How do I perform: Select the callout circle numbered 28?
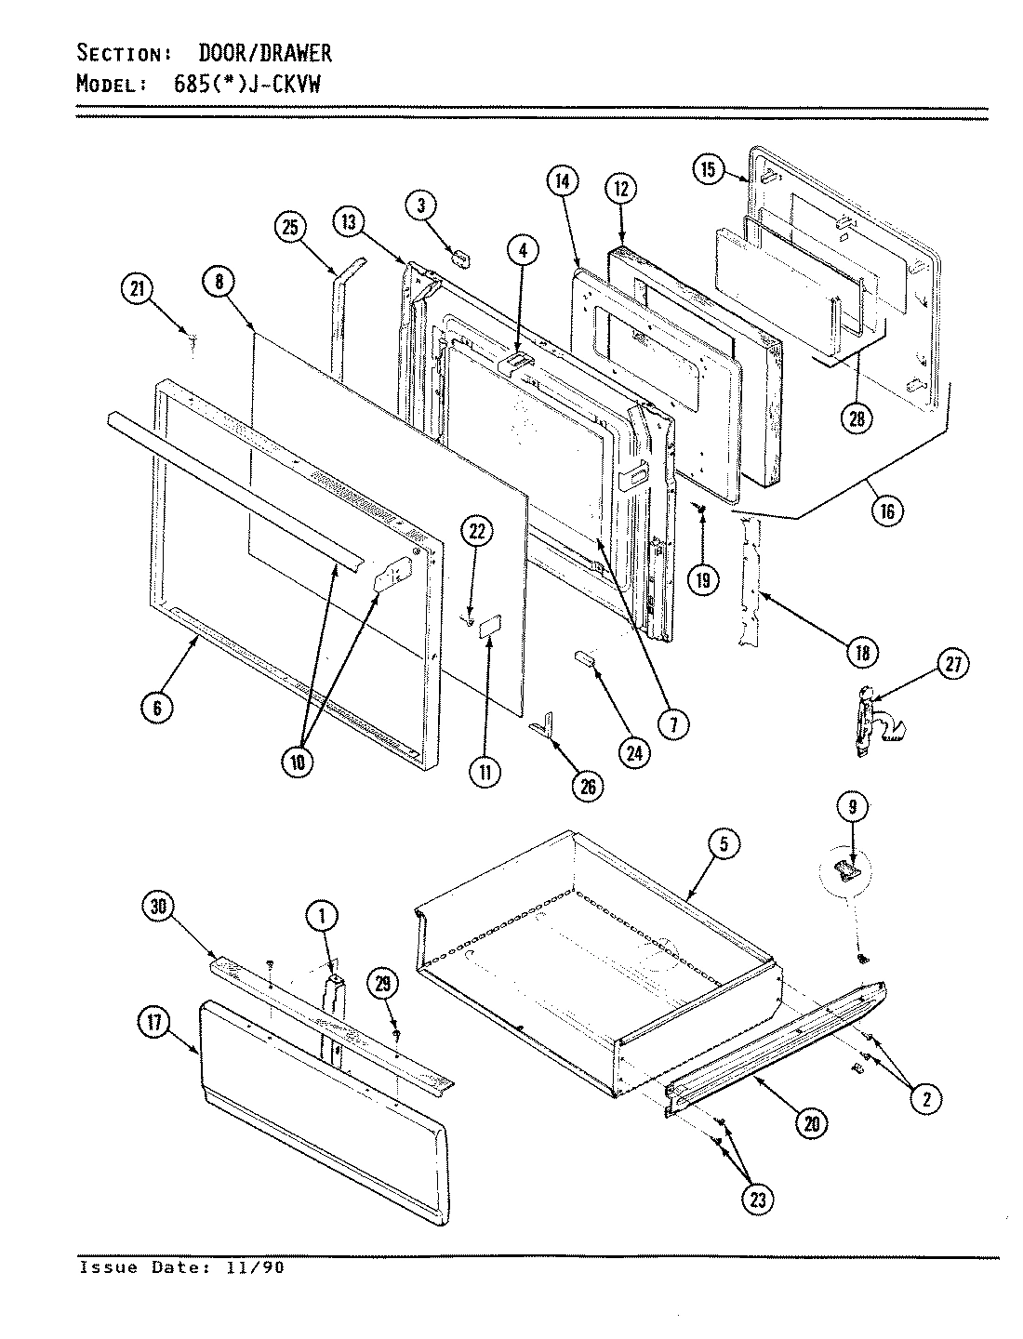(857, 418)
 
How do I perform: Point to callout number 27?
(953, 664)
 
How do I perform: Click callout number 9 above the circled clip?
(852, 808)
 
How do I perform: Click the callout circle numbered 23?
(758, 1200)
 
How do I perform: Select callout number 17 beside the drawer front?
(153, 1025)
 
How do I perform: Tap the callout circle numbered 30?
(161, 908)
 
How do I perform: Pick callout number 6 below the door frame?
(157, 709)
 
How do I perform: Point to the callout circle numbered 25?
(291, 227)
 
